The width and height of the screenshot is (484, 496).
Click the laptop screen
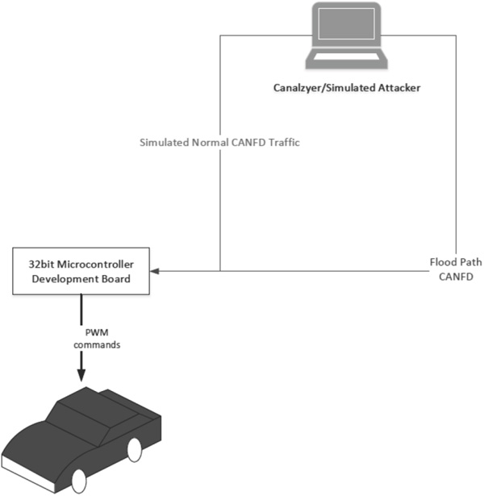pos(346,24)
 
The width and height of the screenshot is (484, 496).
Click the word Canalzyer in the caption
pos(297,88)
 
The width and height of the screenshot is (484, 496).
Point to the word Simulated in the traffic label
pos(165,142)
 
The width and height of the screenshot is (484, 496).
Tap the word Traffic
pos(284,142)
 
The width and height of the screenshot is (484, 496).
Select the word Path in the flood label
pos(470,262)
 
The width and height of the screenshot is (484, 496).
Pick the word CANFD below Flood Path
pos(456,277)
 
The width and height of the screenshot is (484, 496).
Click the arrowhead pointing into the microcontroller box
pos(154,271)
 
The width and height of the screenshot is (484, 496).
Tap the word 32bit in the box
pos(41,265)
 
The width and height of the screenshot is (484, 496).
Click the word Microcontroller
pos(95,265)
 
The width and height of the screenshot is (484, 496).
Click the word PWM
pos(97,332)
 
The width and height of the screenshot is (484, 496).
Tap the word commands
pos(97,344)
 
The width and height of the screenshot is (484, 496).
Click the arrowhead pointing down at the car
pos(81,375)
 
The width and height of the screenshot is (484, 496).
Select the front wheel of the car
pos(79,481)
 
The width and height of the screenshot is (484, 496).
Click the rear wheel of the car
pos(135,450)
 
